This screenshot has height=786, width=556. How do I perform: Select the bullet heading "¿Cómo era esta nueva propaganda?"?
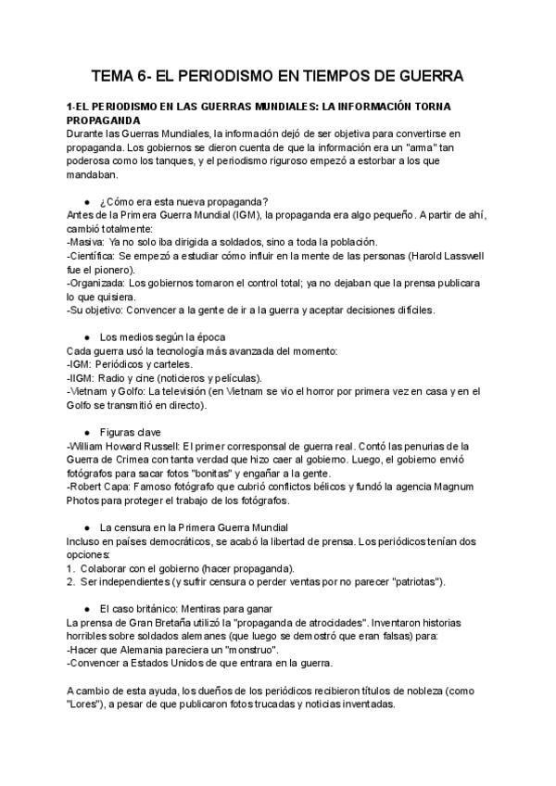coord(184,202)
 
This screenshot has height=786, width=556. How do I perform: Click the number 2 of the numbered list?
coord(70,581)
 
